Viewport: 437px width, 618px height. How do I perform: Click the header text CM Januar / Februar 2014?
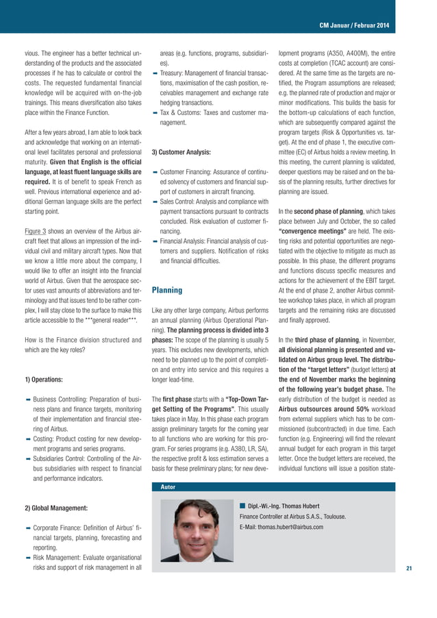pos(354,26)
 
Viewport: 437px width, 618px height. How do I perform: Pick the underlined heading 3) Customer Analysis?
pos(180,152)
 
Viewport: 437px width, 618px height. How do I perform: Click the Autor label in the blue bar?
pos(168,486)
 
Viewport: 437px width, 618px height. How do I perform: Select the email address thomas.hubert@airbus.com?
pos(281,527)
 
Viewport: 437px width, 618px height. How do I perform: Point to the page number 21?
pos(409,568)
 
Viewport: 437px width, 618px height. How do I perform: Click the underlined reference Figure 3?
pos(37,212)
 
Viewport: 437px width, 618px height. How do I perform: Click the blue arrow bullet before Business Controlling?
pos(27,399)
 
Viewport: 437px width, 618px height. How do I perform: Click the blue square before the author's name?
pos(242,505)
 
